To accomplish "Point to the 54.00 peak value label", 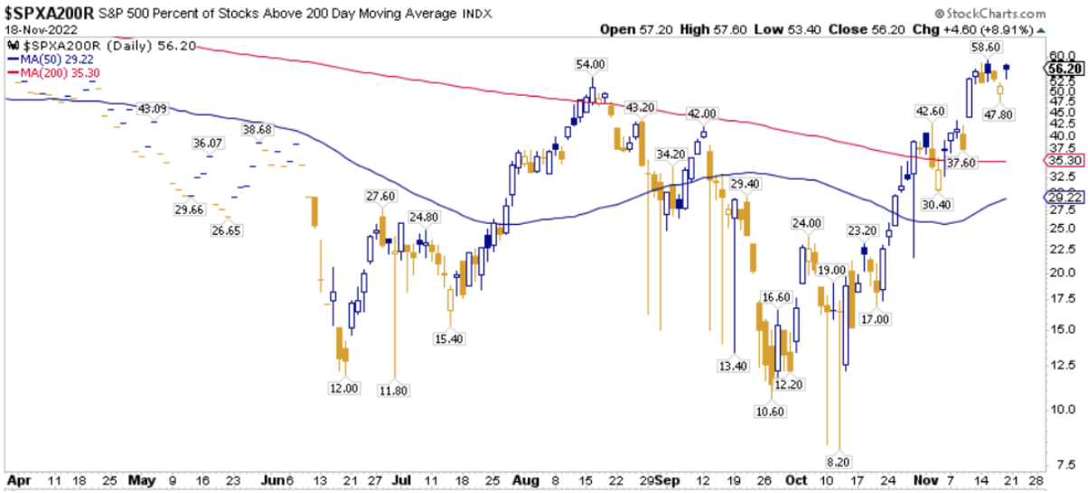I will click(591, 64).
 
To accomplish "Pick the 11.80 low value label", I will click(394, 391).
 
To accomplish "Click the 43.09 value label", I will click(154, 109).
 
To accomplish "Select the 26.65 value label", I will click(228, 230).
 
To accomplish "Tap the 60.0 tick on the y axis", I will click(1056, 55).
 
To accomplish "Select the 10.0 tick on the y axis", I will click(1056, 409).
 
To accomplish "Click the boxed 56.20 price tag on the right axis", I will click(1062, 68).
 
